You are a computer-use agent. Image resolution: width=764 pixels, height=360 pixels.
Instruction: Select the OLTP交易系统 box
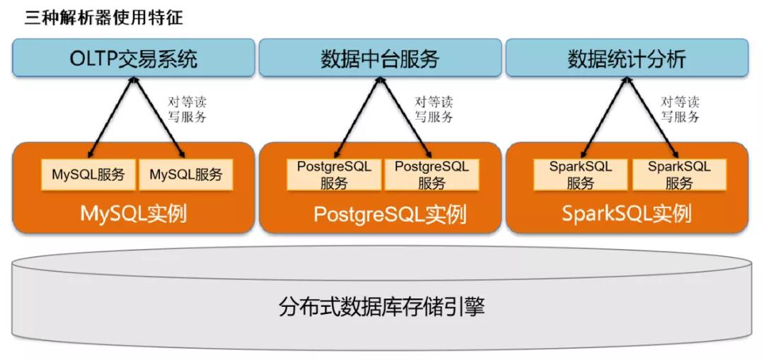click(133, 58)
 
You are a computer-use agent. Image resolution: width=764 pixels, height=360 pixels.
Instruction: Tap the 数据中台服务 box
click(380, 58)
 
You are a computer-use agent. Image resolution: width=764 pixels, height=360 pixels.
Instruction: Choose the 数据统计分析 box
click(626, 58)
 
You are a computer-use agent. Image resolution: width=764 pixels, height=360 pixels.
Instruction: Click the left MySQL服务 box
click(88, 175)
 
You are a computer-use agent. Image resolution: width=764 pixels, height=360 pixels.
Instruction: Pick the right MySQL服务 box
click(185, 175)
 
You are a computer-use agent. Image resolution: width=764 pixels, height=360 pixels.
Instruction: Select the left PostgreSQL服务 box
click(334, 175)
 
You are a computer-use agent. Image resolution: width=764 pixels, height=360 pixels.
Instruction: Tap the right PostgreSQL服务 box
click(432, 175)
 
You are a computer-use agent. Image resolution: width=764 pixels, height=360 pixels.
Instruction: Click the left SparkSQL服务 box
click(581, 175)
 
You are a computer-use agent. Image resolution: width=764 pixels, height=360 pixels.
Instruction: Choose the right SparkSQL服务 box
click(678, 175)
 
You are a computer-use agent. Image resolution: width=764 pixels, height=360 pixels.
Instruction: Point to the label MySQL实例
click(134, 213)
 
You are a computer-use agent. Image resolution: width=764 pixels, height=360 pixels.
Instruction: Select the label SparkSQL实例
click(626, 213)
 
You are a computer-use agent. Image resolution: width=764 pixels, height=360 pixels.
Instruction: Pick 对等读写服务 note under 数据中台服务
click(433, 110)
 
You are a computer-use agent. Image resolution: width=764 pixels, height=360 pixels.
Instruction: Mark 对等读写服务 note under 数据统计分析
click(680, 110)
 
